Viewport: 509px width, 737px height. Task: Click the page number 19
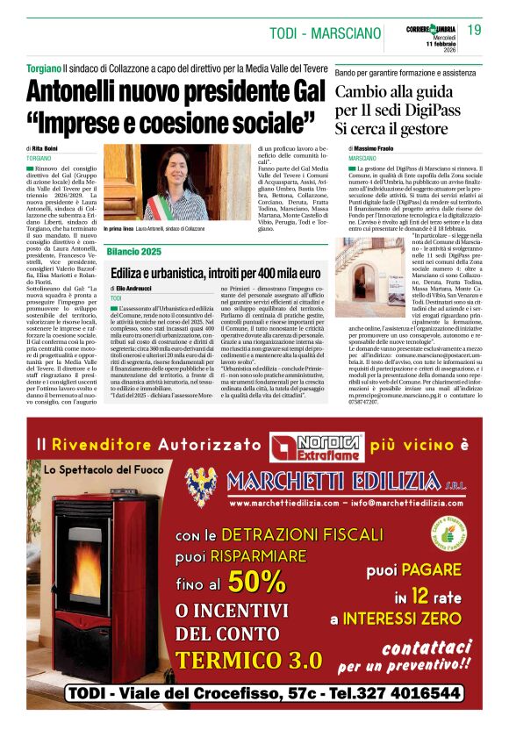point(474,30)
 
